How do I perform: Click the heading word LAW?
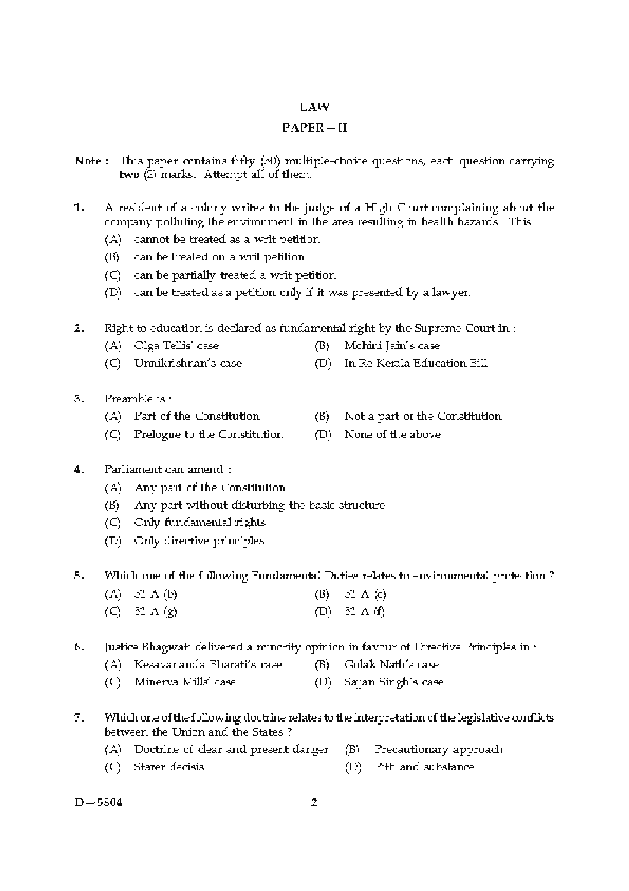tap(314, 107)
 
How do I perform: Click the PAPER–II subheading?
tap(314, 128)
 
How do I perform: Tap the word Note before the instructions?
tap(88, 161)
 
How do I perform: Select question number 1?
tap(79, 208)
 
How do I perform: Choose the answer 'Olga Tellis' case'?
tap(176, 346)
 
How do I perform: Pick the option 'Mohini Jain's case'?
tap(391, 346)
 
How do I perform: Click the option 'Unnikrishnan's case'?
tap(187, 364)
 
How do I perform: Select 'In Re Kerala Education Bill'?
tap(415, 364)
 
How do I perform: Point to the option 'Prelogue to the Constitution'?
tap(208, 435)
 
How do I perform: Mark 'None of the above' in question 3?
tap(392, 435)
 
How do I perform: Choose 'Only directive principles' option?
tap(198, 541)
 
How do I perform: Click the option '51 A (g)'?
tap(155, 612)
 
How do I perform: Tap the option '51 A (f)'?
tap(365, 612)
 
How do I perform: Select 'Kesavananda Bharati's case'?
tap(207, 665)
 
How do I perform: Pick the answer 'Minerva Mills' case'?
tap(185, 682)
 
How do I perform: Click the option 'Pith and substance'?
tap(424, 767)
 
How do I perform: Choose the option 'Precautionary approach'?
tap(438, 749)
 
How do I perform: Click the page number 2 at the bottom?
tap(314, 802)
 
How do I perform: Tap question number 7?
tap(79, 718)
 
